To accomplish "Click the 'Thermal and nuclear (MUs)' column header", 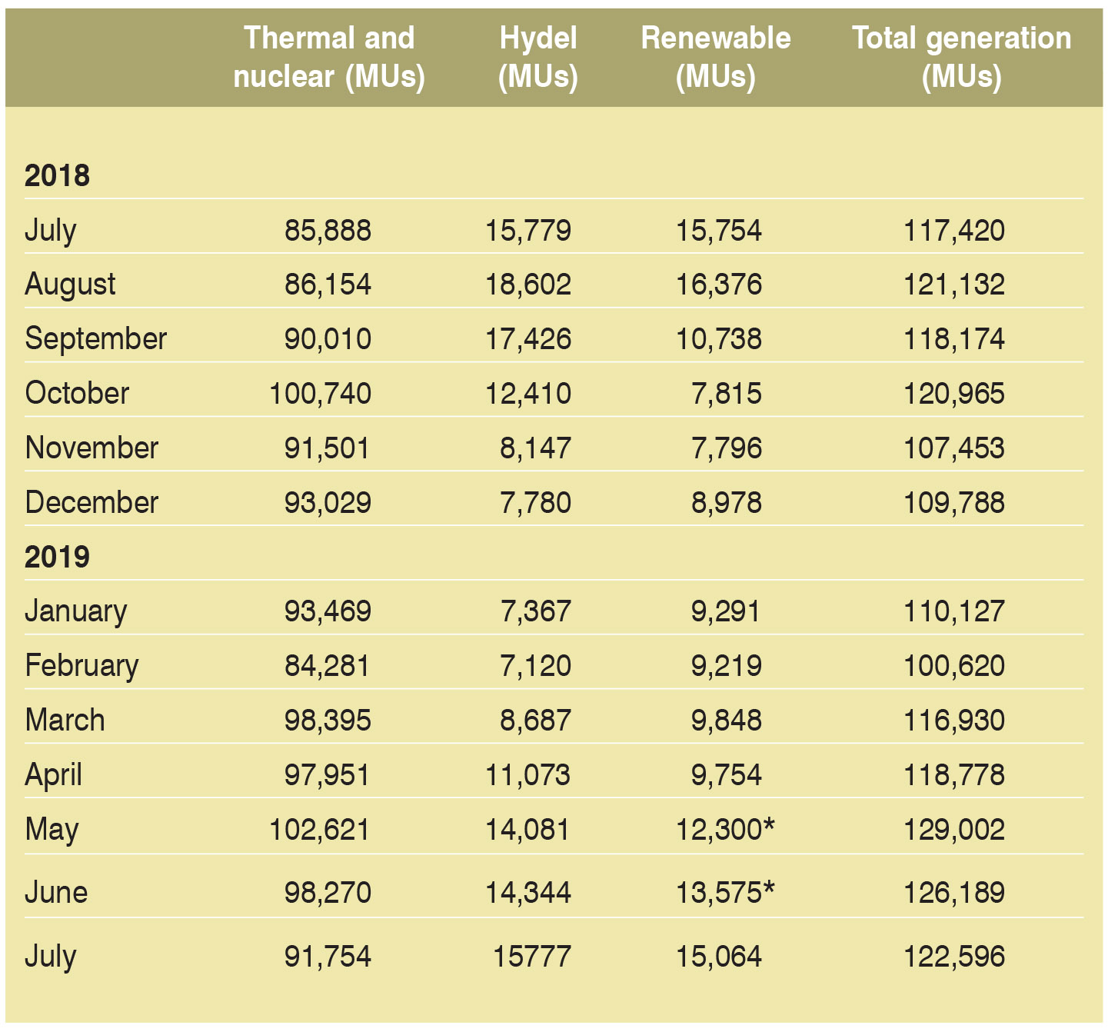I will (329, 57).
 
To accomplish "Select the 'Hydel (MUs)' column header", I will (537, 57).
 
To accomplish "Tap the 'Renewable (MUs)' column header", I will (715, 57).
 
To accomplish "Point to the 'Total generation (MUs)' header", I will (961, 57).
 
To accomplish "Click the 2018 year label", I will (57, 175).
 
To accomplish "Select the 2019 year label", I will (57, 557).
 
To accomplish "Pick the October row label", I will (77, 394).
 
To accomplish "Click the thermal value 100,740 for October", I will (320, 394).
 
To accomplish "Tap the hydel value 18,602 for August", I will (528, 285).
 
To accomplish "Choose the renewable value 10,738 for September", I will (719, 339).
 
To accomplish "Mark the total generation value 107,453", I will (953, 448).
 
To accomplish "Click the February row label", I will (82, 666).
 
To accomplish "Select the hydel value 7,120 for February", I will (535, 666).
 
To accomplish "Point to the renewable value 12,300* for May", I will (725, 830).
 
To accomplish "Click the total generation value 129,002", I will (953, 830).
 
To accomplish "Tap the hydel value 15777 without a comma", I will (531, 957).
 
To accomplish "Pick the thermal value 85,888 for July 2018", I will (328, 230).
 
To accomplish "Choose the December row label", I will (92, 503).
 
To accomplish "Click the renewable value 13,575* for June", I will (725, 893).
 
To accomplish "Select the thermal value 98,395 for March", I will (328, 721).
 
